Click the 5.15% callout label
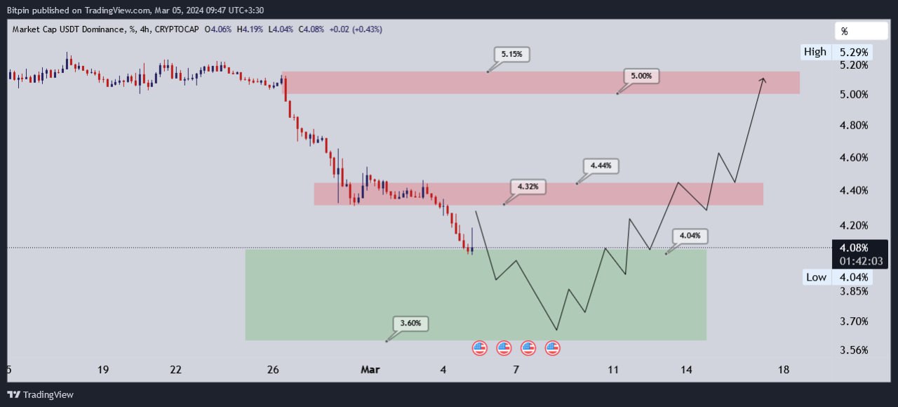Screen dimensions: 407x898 pyautogui.click(x=511, y=53)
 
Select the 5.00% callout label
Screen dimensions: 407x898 pyautogui.click(x=641, y=76)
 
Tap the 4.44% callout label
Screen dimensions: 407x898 pyautogui.click(x=601, y=166)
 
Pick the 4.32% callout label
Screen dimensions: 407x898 pyautogui.click(x=528, y=187)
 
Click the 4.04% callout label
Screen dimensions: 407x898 pyautogui.click(x=690, y=236)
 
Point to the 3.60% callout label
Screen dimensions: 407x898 pyautogui.click(x=410, y=323)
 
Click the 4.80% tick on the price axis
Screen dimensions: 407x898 pyautogui.click(x=853, y=126)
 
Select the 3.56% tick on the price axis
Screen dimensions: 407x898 pyautogui.click(x=853, y=350)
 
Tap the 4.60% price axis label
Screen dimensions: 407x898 pyautogui.click(x=853, y=158)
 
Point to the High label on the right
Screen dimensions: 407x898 pyautogui.click(x=815, y=51)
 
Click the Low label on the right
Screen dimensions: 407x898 pyautogui.click(x=816, y=277)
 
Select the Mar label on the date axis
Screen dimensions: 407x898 pyautogui.click(x=370, y=370)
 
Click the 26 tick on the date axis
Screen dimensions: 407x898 pyautogui.click(x=274, y=370)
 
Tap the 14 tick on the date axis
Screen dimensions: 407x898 pyautogui.click(x=686, y=370)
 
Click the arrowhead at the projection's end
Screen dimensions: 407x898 pyautogui.click(x=763, y=80)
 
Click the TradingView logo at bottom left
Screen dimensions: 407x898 pyautogui.click(x=40, y=394)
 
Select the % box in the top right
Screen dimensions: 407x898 pyautogui.click(x=861, y=32)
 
